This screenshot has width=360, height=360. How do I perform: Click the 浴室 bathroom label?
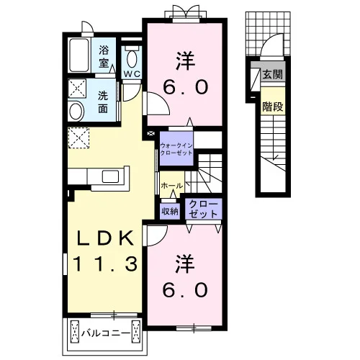pos(104,57)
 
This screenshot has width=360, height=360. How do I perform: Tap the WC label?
pos(132,74)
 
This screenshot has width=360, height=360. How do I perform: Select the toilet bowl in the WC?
pos(132,59)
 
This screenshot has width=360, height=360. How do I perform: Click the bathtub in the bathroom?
pos(78,55)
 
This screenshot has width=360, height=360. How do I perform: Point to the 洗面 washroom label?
pos(103,102)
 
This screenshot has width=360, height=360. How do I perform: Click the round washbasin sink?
pos(76,112)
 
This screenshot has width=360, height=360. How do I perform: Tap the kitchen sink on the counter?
pos(110,176)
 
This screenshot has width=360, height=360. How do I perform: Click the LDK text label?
pos(105,238)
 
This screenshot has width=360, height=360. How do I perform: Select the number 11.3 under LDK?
pos(106,264)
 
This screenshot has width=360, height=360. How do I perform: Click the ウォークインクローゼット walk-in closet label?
pos(176,149)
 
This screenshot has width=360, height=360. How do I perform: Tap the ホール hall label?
pos(172,186)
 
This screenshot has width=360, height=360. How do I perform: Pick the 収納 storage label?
pos(170,211)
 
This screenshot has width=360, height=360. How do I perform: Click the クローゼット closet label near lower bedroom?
pos(203,209)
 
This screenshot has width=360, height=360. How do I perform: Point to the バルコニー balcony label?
pos(106,333)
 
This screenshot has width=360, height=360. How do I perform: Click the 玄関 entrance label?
pos(272,74)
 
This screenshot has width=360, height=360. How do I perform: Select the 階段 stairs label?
pos(273,107)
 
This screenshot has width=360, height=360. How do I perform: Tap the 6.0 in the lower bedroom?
pos(185,289)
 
